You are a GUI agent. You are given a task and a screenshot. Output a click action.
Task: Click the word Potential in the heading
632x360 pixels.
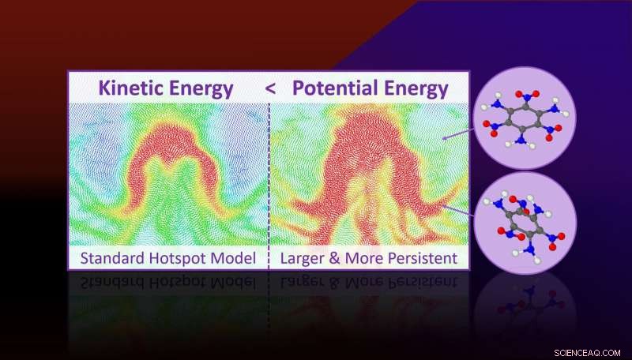(333, 88)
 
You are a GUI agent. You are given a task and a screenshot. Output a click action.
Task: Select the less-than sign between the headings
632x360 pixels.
(270, 88)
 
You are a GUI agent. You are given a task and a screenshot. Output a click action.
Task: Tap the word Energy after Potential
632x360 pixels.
(413, 88)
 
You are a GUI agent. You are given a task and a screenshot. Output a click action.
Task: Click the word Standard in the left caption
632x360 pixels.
(106, 257)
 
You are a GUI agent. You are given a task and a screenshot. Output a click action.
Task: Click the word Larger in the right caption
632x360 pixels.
(301, 257)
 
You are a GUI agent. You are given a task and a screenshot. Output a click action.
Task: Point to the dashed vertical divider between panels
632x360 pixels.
(269, 174)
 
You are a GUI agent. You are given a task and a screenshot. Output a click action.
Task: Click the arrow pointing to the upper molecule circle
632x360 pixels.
(457, 135)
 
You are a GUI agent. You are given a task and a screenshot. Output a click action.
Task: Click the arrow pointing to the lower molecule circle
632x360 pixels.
(457, 207)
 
